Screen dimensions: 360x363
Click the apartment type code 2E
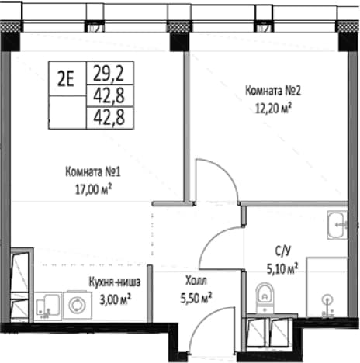(x=65, y=78)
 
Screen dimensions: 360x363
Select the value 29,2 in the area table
(x=109, y=73)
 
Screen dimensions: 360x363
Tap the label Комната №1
(x=93, y=171)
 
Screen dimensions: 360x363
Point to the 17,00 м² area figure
(x=93, y=189)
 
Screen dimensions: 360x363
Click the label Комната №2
(x=272, y=91)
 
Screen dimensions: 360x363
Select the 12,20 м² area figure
(x=273, y=108)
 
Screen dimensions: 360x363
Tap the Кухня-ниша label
(x=115, y=282)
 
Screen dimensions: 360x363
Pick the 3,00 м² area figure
(x=115, y=299)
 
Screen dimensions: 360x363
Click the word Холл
(x=196, y=281)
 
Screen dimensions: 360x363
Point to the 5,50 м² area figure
(x=196, y=298)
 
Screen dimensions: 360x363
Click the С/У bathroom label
(x=282, y=251)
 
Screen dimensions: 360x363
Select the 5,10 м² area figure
(x=282, y=269)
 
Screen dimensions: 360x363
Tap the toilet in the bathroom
(x=265, y=298)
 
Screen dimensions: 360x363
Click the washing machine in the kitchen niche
(x=78, y=305)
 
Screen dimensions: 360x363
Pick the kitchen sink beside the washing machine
(x=48, y=306)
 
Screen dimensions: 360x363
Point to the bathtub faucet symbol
(x=327, y=306)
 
